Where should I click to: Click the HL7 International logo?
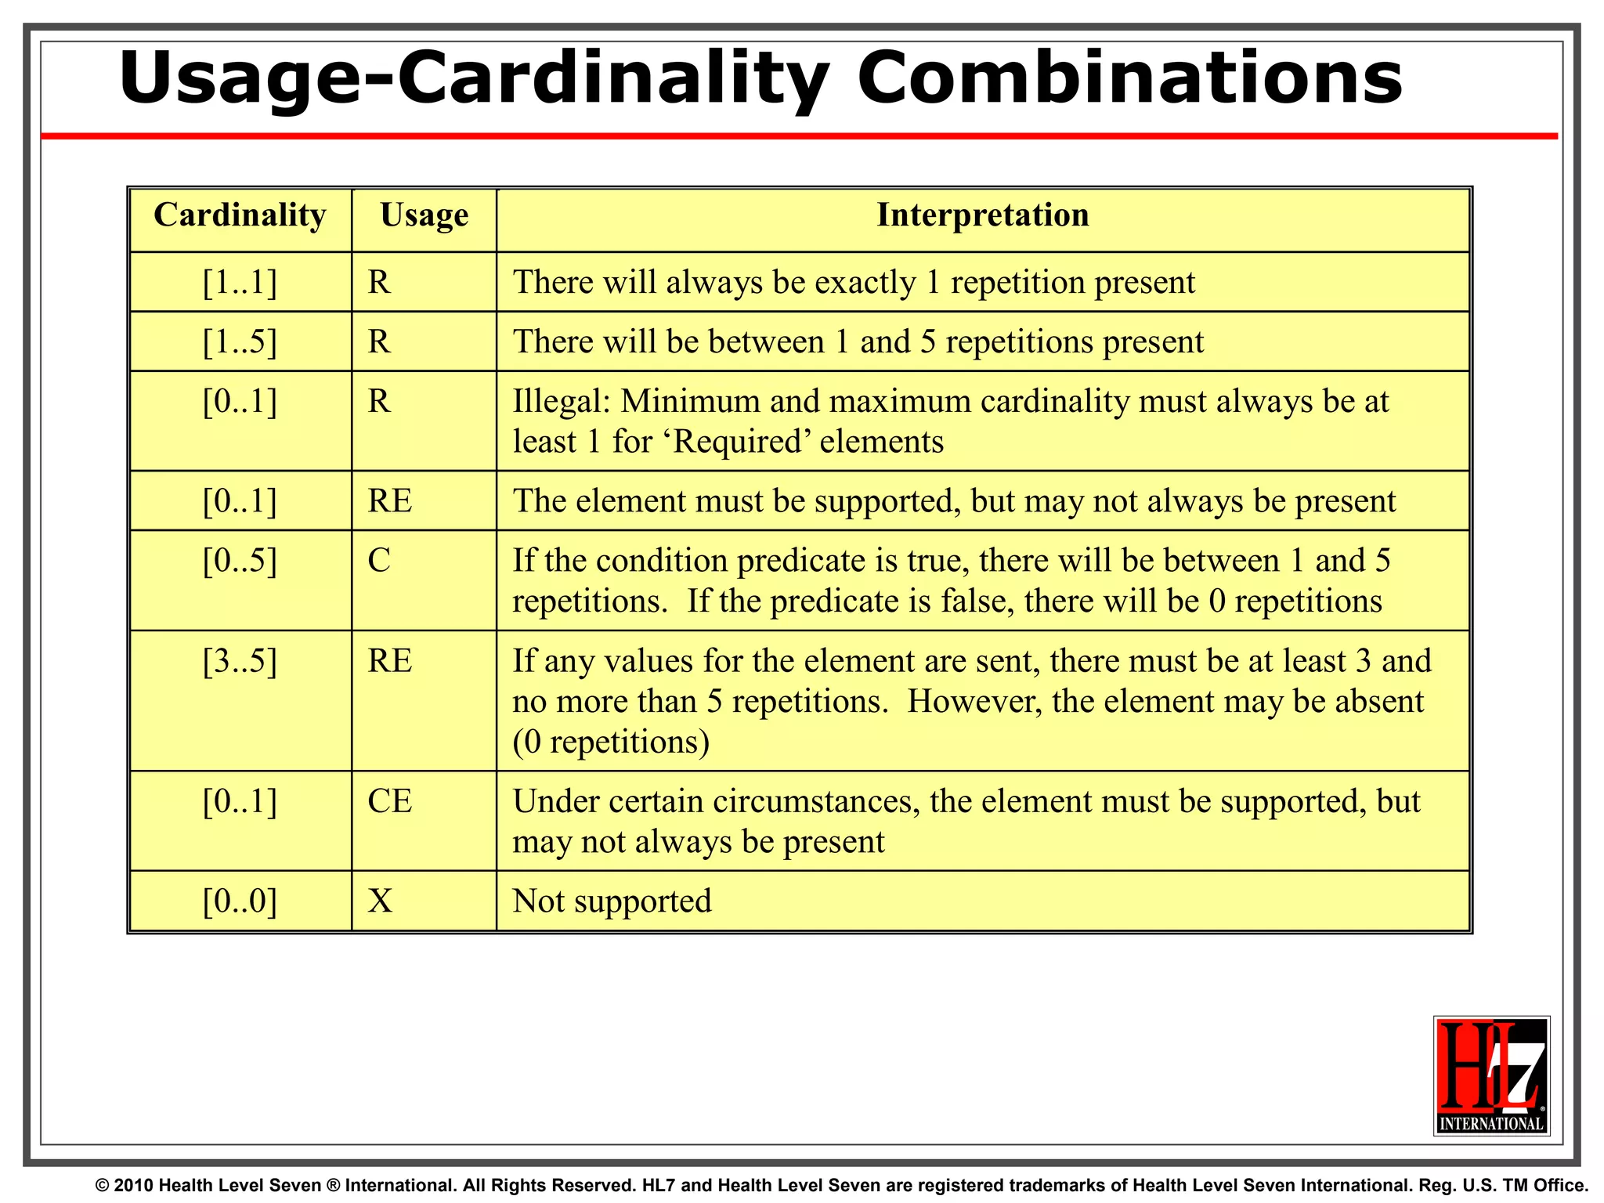pos(1491,1075)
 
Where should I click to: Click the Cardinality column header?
pos(240,215)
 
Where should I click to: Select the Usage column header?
pos(424,215)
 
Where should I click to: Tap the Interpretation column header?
pos(982,215)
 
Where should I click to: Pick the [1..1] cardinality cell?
pos(240,283)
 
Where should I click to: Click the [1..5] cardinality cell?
pos(240,342)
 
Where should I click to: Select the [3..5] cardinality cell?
pos(240,662)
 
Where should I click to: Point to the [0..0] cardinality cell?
pos(240,901)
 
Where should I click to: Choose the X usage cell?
pos(380,901)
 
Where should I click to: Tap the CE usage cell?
pos(389,801)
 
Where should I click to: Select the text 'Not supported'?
pos(612,901)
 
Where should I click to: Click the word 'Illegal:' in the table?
pos(561,402)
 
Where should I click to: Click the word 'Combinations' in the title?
pos(1129,78)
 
